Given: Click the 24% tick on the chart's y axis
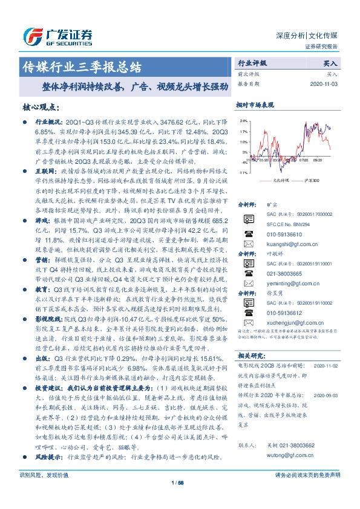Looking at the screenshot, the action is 242,121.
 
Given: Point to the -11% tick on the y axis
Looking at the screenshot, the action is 242,173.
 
